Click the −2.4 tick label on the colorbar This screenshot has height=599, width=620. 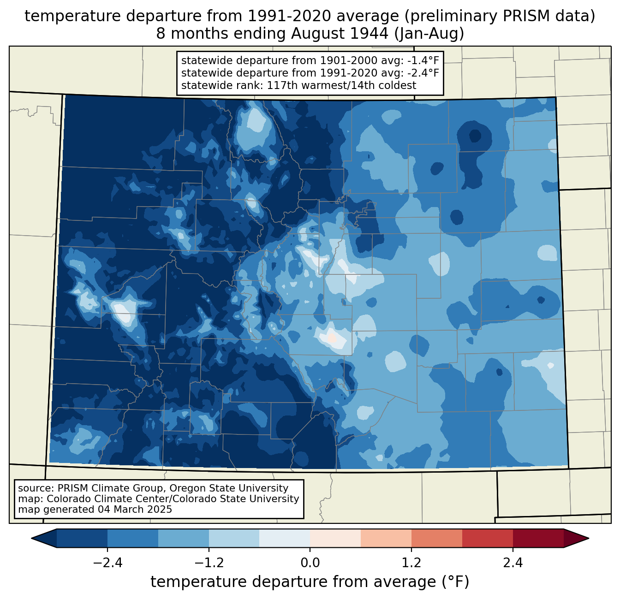pos(107,563)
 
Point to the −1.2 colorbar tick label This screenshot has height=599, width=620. pos(209,563)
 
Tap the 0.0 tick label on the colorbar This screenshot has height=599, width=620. pos(310,563)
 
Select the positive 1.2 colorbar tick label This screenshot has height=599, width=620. pos(411,563)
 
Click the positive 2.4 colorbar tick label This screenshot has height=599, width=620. pos(513,563)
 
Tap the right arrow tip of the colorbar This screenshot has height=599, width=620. pos(587,538)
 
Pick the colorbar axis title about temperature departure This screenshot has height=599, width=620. pos(310,582)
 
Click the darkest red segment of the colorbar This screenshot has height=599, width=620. pos(538,538)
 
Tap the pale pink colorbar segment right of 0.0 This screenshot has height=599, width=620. pos(335,538)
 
